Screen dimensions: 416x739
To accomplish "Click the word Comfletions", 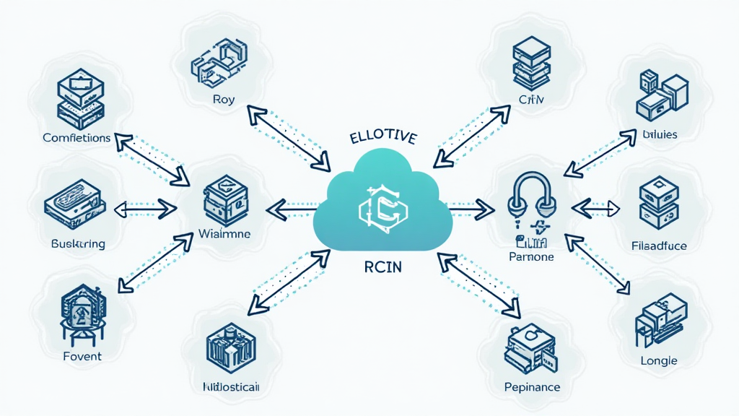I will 76,137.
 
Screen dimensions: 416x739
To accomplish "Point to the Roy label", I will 224,101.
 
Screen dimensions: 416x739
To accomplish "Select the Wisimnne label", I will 224,234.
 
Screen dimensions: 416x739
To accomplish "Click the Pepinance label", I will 532,387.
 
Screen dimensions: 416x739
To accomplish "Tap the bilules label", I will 659,134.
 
